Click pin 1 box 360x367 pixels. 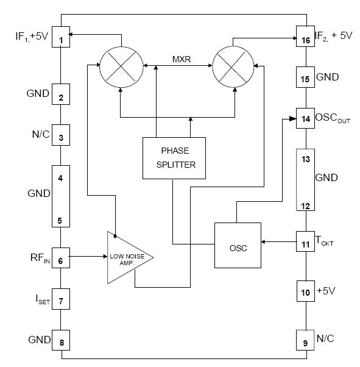[62, 36]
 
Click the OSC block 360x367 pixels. [237, 245]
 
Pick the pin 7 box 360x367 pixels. [62, 301]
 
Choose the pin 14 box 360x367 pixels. [305, 118]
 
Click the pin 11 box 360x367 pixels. [305, 242]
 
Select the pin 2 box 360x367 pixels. [62, 96]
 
